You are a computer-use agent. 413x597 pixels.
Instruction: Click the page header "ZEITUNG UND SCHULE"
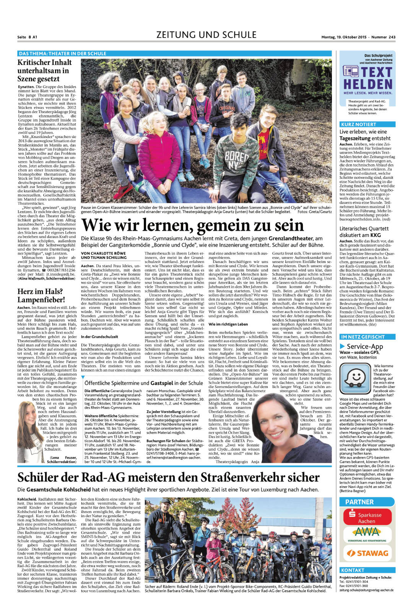point(206,35)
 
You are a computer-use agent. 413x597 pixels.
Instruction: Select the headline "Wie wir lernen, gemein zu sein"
point(193,225)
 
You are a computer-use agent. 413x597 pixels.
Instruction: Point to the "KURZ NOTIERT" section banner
point(358,124)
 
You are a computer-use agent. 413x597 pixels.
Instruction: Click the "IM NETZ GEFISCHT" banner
point(362,337)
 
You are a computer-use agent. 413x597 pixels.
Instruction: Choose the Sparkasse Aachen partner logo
point(367,517)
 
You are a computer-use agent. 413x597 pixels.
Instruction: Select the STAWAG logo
point(367,553)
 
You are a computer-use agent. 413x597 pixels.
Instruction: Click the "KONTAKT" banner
point(353,570)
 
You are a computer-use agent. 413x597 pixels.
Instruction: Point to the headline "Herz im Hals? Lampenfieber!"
point(41,296)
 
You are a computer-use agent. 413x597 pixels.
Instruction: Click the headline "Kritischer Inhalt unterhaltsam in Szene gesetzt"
point(44,71)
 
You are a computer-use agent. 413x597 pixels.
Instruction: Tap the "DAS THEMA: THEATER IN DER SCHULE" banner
point(62,54)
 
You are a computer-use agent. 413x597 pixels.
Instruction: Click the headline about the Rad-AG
point(168,477)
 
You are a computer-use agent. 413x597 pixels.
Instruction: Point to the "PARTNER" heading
point(359,502)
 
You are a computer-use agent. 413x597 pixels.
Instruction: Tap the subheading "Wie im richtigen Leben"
point(228,324)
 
